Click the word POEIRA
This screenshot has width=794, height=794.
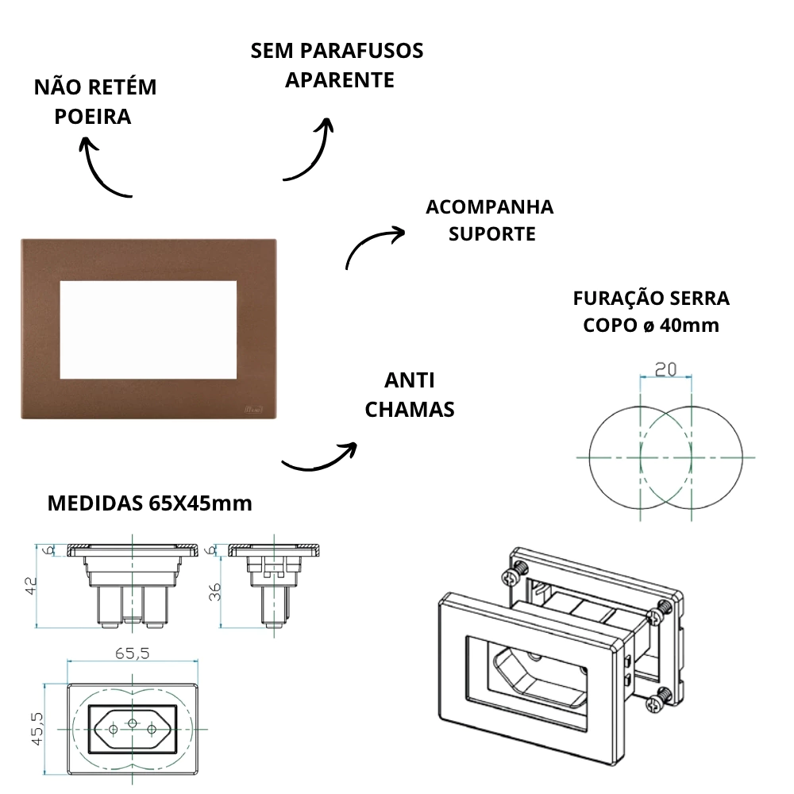click(93, 117)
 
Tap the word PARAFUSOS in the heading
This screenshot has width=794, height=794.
click(361, 51)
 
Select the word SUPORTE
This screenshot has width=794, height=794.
click(492, 234)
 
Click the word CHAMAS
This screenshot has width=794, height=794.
click(410, 410)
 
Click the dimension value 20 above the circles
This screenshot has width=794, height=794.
click(665, 369)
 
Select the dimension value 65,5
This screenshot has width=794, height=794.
click(132, 653)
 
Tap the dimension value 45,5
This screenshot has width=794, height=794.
click(37, 728)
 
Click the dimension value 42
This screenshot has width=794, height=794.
click(31, 586)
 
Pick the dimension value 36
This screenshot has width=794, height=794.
click(214, 592)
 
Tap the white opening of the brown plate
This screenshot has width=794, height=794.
click(148, 330)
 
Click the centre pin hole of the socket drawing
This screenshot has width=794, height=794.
click(132, 723)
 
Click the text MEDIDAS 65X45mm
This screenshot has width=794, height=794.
click(150, 503)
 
